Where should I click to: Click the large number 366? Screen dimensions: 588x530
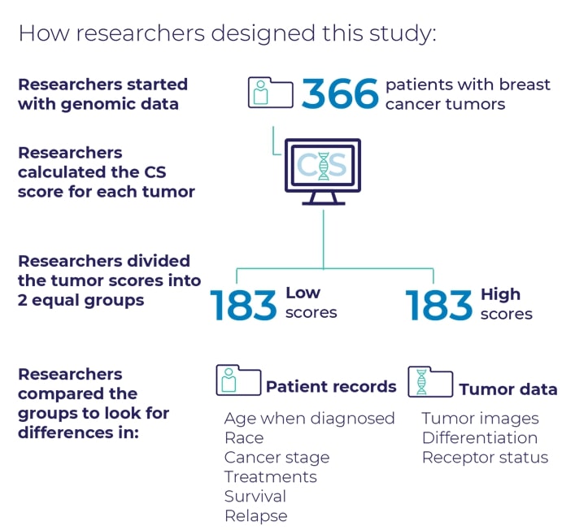tap(340, 93)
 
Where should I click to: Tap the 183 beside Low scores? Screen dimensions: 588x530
tap(243, 305)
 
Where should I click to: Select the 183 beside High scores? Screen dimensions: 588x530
tap(438, 305)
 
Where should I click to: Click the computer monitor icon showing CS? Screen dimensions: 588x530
tap(323, 172)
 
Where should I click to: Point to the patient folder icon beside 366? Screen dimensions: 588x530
tap(270, 93)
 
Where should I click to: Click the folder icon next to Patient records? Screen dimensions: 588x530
tap(238, 380)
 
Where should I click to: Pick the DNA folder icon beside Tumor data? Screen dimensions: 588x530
tap(430, 381)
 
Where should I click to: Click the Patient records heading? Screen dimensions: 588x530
tap(331, 387)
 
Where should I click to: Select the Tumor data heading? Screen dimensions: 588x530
tap(508, 389)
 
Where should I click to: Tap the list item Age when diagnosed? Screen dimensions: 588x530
tap(309, 419)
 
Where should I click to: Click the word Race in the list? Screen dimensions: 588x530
tap(244, 438)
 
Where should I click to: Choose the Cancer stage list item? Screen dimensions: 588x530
tap(277, 458)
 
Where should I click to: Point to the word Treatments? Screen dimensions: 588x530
tap(270, 477)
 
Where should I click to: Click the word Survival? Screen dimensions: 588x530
tap(255, 497)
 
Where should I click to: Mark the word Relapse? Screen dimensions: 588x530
tap(256, 516)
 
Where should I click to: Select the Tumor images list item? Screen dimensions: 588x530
tap(481, 419)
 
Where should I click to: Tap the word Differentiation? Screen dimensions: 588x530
tap(480, 438)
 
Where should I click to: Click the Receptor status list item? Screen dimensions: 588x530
tap(486, 458)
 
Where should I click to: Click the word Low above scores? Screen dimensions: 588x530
tap(303, 293)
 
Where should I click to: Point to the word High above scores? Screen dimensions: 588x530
tap(501, 294)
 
